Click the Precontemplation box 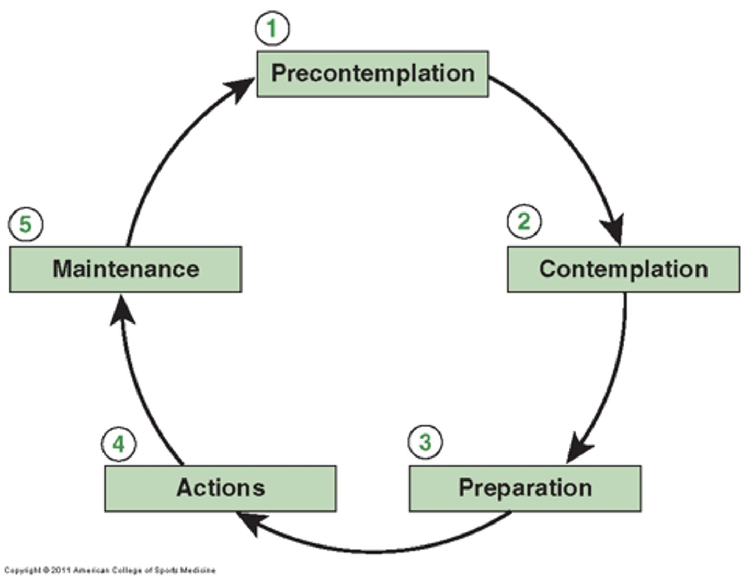pos(372,74)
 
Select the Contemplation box pos(623,269)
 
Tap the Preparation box pos(525,488)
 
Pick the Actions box pos(220,488)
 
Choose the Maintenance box pos(125,269)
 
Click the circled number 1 pos(272,28)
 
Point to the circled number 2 pos(524,222)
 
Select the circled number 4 pos(119,444)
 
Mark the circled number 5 pos(26,225)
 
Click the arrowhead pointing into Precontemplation pos(242,88)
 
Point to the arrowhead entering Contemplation pos(614,228)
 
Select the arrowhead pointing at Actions pos(249,523)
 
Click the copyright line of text pos(110,570)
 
